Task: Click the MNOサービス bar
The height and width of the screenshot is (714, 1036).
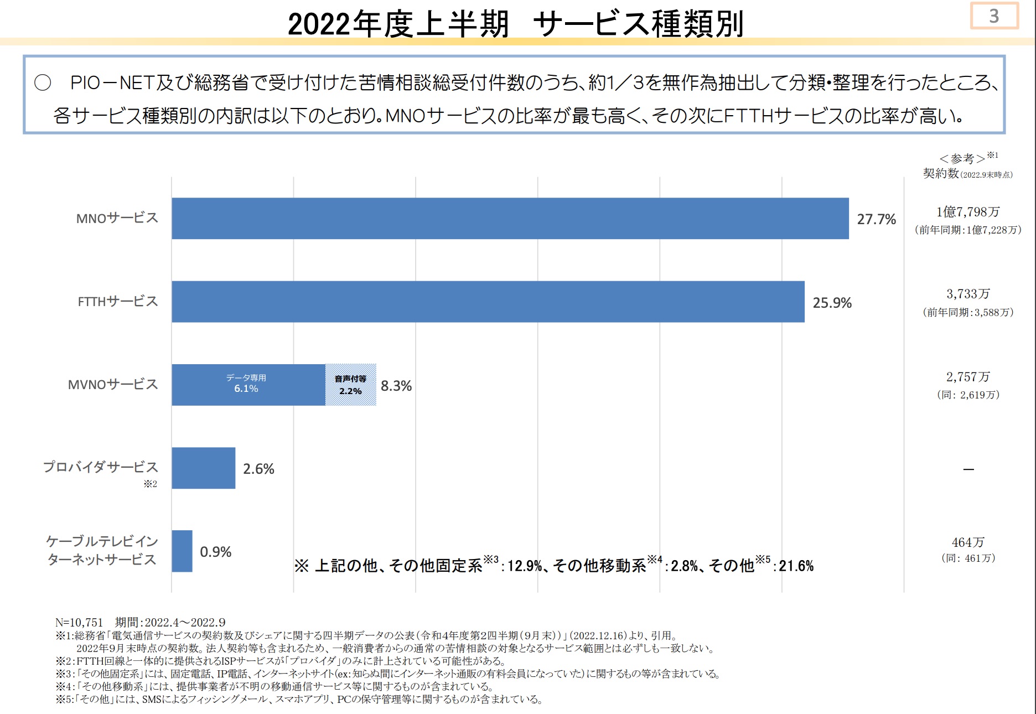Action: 510,219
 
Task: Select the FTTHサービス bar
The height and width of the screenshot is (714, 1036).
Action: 488,302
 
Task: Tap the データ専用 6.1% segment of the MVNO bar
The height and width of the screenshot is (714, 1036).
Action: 248,385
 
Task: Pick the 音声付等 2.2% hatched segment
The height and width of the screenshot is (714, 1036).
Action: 351,385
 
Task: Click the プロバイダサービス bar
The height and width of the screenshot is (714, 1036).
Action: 203,468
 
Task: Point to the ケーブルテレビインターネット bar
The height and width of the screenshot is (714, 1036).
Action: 182,551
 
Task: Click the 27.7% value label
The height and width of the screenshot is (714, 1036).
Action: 876,220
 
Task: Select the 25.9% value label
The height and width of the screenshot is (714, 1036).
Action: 832,303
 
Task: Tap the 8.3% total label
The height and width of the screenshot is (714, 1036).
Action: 396,386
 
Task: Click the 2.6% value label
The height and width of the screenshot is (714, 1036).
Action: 258,469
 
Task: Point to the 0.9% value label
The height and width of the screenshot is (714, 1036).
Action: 215,552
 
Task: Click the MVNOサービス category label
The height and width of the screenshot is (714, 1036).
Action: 113,385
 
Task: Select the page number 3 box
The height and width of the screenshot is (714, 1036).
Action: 994,16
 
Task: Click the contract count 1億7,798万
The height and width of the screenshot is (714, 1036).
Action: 968,212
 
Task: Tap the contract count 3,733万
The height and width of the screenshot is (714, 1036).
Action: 968,294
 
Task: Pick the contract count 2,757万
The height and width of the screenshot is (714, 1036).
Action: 968,377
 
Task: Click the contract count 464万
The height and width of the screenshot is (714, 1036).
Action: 968,542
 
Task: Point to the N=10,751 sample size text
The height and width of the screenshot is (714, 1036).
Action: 79,623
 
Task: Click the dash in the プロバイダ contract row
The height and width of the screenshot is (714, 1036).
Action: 968,469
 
